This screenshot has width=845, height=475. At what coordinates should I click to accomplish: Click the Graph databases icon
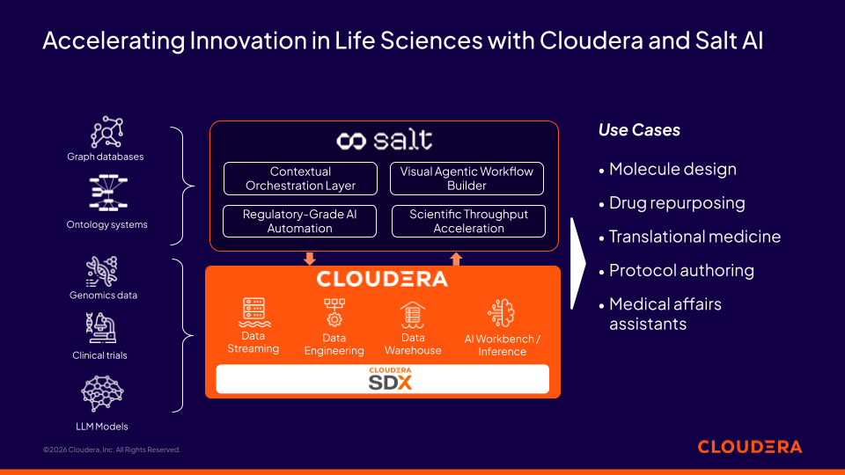tap(106, 132)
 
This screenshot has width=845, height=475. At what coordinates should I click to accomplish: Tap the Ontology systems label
tap(107, 224)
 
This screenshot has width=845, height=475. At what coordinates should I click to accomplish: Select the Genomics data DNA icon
tap(102, 272)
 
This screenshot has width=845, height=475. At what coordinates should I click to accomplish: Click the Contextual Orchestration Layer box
tap(300, 179)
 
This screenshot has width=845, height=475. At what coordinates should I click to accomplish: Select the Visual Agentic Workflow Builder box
tap(467, 179)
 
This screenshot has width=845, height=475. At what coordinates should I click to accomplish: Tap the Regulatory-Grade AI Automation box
tap(300, 221)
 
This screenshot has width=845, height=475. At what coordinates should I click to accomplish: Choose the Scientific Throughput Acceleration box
tap(468, 221)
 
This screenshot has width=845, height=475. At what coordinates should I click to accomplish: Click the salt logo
tap(384, 140)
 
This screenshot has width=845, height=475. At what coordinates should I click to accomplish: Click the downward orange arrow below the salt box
tap(309, 259)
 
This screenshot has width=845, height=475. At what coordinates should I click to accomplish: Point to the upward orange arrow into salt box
tap(456, 259)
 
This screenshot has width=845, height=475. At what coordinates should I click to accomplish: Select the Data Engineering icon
tap(334, 312)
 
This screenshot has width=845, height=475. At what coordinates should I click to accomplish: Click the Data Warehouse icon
tap(413, 314)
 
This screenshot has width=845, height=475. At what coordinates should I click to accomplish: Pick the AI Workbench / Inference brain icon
tap(502, 314)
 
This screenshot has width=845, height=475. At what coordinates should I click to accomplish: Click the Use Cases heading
tap(639, 130)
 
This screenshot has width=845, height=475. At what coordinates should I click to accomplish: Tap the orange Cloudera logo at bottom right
tap(749, 447)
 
